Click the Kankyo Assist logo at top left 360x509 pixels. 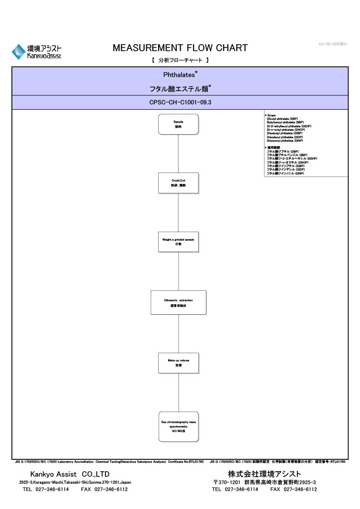37,52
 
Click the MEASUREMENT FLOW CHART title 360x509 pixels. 180,48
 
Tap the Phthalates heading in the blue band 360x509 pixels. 180,75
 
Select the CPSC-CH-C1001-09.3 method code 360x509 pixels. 180,102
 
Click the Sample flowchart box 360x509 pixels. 178,124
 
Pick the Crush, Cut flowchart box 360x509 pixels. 178,182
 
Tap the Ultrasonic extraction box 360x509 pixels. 178,302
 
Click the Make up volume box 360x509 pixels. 178,362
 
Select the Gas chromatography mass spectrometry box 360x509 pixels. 178,426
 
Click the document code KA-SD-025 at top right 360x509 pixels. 333,44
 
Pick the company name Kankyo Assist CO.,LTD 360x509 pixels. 70,474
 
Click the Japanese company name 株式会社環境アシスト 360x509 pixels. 265,474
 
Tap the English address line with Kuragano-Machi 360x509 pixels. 75,482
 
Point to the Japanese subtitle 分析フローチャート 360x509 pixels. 180,60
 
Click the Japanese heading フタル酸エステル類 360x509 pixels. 180,89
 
